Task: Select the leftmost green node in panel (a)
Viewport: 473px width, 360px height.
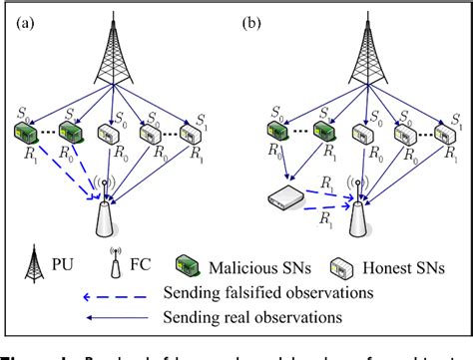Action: pos(26,133)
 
